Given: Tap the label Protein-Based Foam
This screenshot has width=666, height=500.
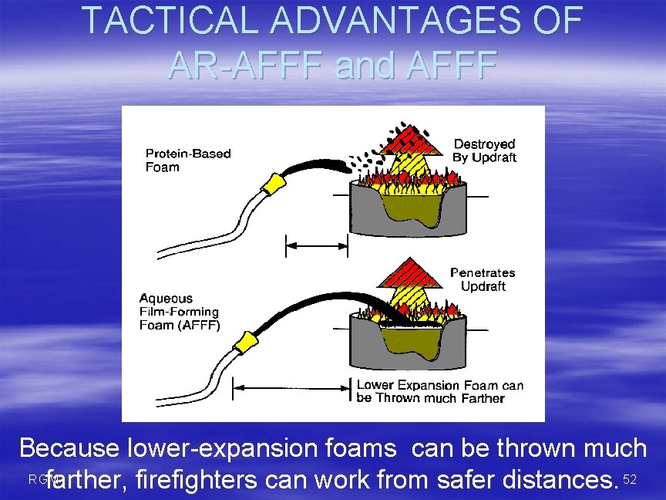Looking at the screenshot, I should click(x=188, y=160).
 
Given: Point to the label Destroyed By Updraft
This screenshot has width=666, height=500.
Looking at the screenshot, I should click(x=484, y=150).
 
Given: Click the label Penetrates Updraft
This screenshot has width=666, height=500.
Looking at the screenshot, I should click(x=483, y=279).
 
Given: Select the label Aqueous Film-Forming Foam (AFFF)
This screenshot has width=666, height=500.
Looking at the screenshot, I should click(x=179, y=311).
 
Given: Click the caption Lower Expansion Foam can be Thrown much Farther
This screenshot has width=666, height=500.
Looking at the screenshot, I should click(x=439, y=391).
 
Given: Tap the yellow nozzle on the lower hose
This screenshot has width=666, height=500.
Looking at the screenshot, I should click(x=246, y=342).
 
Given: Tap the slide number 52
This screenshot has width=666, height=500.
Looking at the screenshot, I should click(x=630, y=480).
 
